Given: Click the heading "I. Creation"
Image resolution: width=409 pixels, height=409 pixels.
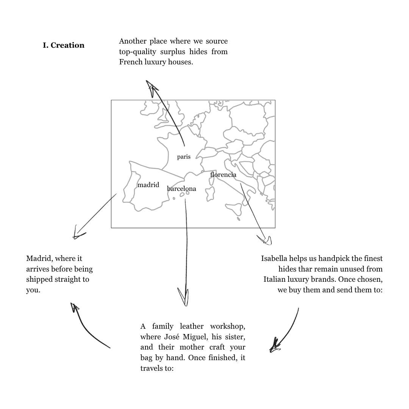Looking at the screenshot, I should click(63, 45).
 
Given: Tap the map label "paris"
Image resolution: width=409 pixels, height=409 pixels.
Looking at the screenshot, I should click(184, 157).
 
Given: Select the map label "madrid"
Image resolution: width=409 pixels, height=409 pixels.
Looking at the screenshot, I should click(148, 185).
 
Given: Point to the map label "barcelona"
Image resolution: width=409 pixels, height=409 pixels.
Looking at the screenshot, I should click(181, 189).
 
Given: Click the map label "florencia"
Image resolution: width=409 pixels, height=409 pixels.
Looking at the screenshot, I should click(223, 175).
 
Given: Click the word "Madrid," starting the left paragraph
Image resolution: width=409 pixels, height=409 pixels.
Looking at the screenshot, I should click(39, 258).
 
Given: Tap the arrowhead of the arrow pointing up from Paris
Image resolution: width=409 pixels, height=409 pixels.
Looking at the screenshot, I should click(151, 87).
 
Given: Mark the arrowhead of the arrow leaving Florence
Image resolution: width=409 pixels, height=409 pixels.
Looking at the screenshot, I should click(266, 240).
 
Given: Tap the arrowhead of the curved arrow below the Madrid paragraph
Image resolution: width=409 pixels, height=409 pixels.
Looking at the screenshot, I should click(74, 307).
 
